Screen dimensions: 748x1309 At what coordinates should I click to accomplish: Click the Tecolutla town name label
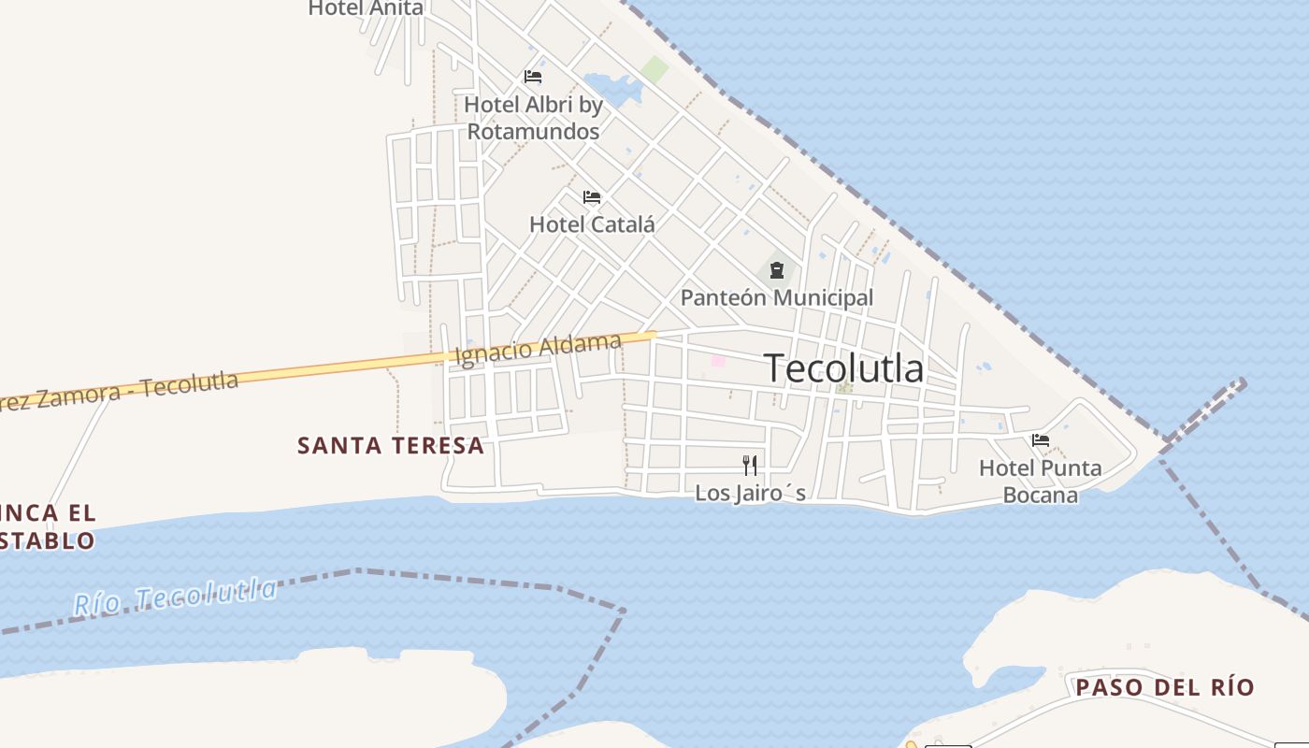coord(843,367)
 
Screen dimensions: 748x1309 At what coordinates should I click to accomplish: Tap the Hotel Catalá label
coord(592,224)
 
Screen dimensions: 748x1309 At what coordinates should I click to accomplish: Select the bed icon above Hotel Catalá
coord(592,197)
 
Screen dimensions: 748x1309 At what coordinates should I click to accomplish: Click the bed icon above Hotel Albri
coord(533,77)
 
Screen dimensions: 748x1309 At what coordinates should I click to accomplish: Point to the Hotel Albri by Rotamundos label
coord(533,118)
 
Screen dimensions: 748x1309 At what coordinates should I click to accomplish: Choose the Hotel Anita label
coord(366,8)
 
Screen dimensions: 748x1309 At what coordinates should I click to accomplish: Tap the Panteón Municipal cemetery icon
coord(776,271)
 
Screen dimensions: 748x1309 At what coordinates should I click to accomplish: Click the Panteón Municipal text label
coord(776,297)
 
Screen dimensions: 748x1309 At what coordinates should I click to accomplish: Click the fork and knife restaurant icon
coord(749,465)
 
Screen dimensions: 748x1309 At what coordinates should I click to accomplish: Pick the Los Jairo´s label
coord(750,493)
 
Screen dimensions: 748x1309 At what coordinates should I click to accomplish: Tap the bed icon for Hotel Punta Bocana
coord(1040,439)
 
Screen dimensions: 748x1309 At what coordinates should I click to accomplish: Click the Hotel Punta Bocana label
coord(1040,481)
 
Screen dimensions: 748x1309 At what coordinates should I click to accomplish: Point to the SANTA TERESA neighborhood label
coord(391,446)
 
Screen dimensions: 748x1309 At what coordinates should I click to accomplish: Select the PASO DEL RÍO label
coord(1164,687)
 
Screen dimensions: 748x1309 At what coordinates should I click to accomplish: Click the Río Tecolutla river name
coord(176,597)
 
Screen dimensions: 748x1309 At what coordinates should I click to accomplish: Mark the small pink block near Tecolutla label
coord(718,361)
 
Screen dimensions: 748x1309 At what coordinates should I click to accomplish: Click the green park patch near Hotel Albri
coord(654,69)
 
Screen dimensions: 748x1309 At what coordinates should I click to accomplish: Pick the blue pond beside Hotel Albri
coord(610,87)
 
